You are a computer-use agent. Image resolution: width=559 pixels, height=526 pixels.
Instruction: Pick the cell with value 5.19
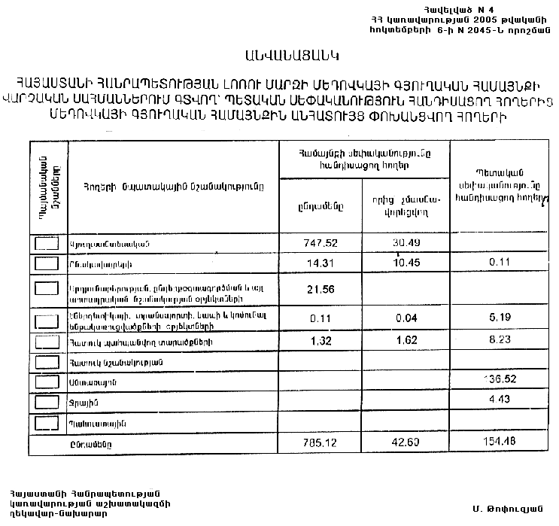point(497,318)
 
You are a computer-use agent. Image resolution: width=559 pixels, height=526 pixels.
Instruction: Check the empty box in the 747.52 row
point(47,243)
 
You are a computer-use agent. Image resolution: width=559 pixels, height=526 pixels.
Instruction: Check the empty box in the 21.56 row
point(47,289)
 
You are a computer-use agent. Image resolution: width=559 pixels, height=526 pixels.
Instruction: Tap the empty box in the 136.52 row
point(47,382)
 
